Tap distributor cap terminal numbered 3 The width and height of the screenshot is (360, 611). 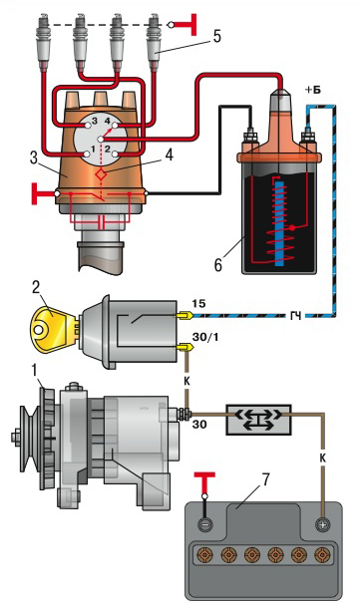(88, 126)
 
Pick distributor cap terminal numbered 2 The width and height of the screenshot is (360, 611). (116, 153)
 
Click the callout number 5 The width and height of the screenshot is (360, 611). (216, 37)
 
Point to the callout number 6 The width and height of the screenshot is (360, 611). (218, 264)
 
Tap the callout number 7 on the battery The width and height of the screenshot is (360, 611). (265, 480)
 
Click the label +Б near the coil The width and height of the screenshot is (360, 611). (313, 91)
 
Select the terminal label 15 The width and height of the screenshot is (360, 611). (198, 303)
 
